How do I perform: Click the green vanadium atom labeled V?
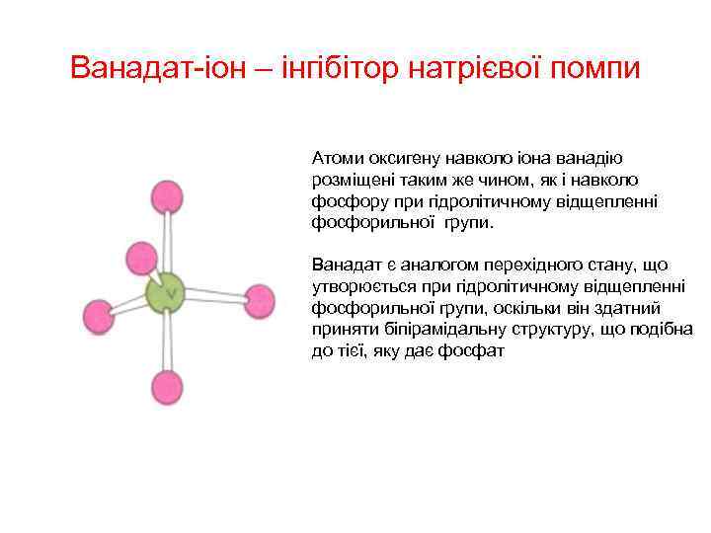pos(166,293)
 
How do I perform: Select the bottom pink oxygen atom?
pos(167,386)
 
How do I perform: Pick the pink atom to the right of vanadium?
pos(259,299)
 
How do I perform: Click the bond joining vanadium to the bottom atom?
pos(166,341)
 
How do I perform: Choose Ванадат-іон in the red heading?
pos(137,69)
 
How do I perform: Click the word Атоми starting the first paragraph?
pos(338,158)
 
